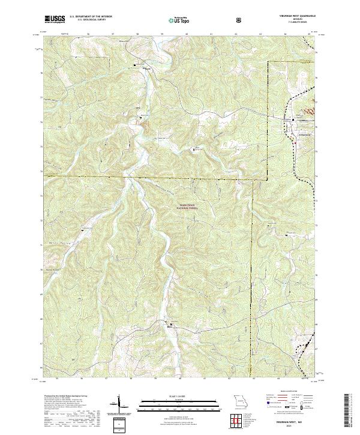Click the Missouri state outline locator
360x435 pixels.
(240, 401)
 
